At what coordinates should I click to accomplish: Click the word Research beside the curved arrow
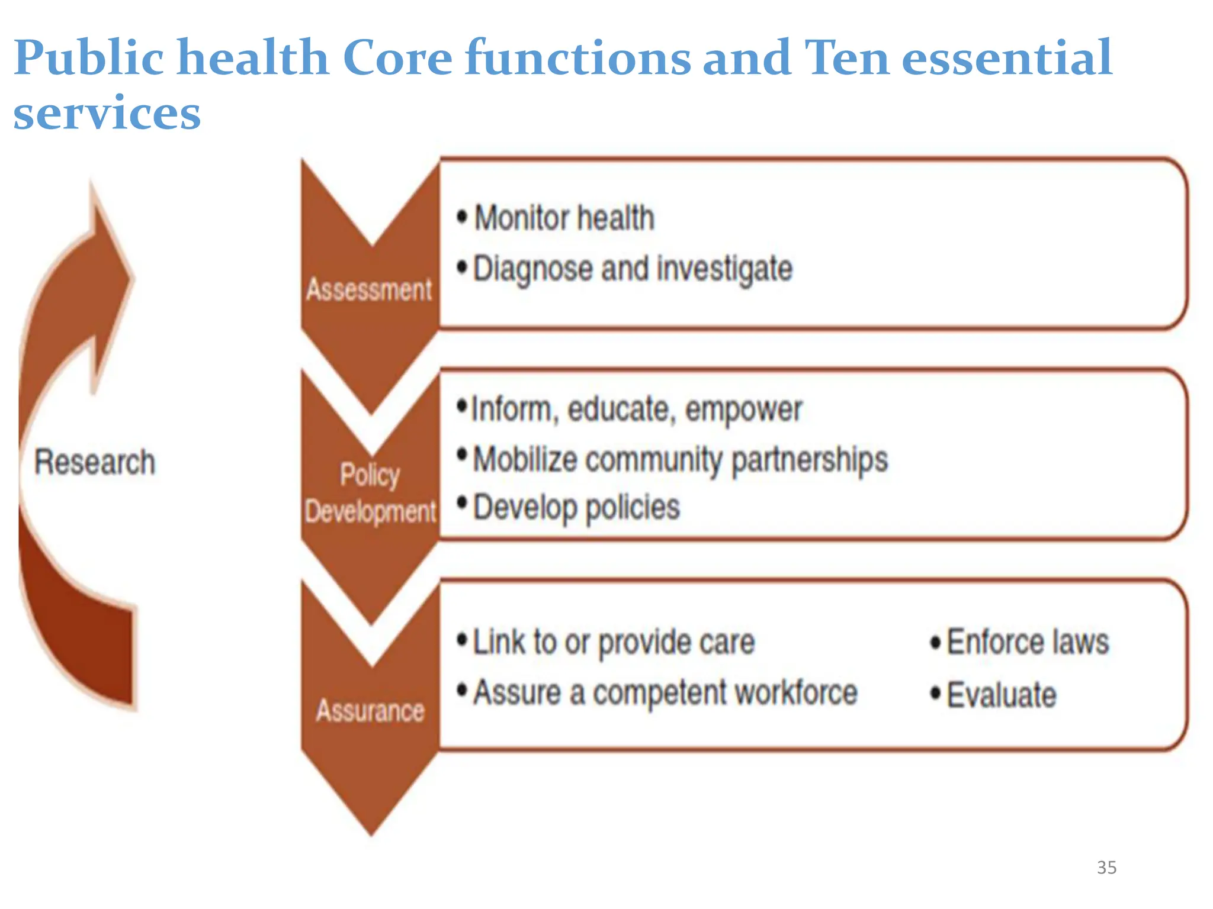pos(95,462)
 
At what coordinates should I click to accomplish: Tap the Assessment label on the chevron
pos(370,290)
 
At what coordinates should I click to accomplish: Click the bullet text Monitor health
pos(564,218)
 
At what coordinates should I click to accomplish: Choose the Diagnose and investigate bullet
pos(633,269)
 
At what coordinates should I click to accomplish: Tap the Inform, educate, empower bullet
pos(637,409)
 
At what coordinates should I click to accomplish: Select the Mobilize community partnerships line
pos(680,459)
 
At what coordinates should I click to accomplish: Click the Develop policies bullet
pos(576,507)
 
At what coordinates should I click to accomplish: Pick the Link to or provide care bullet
pos(614,642)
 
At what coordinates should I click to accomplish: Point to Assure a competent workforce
pos(665,692)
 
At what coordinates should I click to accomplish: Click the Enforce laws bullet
pos(1028,642)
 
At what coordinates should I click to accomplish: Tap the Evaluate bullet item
pos(1002,695)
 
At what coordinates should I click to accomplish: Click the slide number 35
pos(1106,868)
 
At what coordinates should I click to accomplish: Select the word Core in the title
pos(397,57)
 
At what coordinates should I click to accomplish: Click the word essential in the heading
pos(1006,57)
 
